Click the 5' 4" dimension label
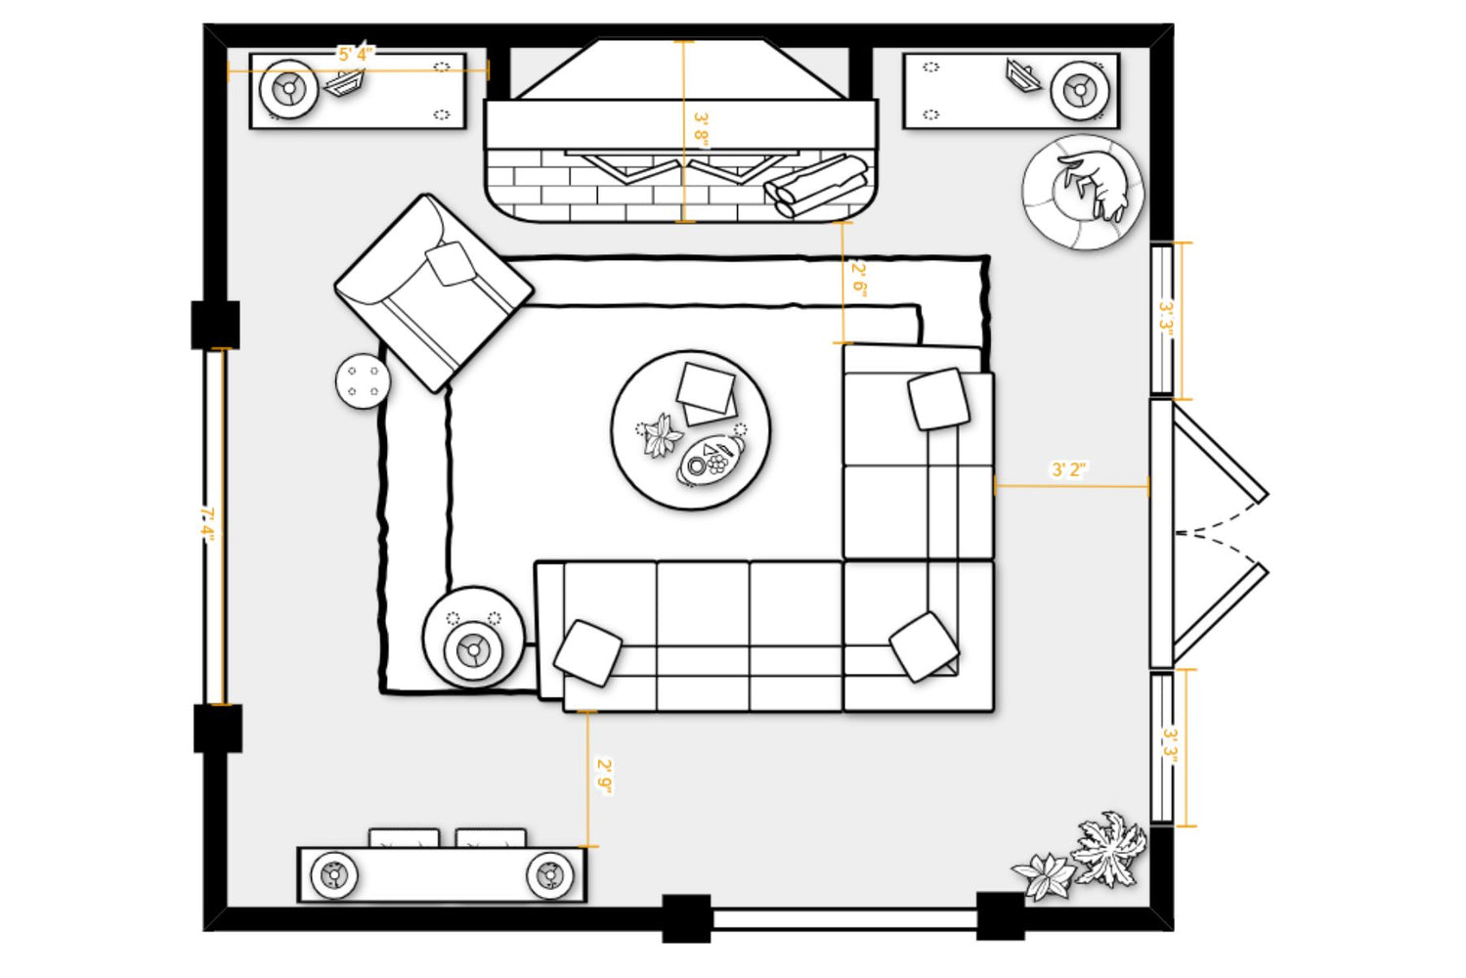tap(356, 54)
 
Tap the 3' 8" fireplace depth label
tap(701, 129)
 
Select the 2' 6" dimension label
tap(859, 280)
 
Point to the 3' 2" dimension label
tap(1069, 469)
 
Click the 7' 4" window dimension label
tap(207, 524)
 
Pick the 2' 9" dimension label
tap(604, 777)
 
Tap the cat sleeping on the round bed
tap(1095, 185)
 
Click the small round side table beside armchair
tap(363, 381)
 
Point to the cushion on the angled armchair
tap(450, 263)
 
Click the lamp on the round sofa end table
tap(472, 649)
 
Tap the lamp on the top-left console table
tap(288, 89)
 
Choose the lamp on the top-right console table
tap(1080, 90)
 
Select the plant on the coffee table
tap(661, 435)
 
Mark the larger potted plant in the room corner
tap(1108, 848)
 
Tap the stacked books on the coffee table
tap(707, 393)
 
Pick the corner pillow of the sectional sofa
tap(924, 646)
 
